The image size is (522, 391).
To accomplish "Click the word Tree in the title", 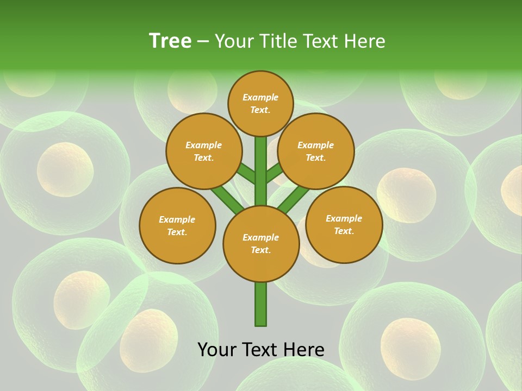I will click(x=170, y=41).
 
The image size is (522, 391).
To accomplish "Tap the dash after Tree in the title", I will click(x=203, y=42).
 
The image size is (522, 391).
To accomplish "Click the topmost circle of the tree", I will click(x=260, y=103).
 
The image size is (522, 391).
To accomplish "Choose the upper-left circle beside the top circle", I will click(x=203, y=152).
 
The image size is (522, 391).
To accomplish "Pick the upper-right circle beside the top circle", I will click(x=316, y=152).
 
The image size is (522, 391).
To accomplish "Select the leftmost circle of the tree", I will click(x=177, y=225).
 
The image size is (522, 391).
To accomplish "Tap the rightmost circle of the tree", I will click(x=344, y=225).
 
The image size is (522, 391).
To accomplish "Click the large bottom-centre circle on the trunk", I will click(x=261, y=244).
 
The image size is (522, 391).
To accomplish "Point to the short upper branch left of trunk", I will click(x=246, y=174).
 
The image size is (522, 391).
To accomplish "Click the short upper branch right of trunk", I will click(x=275, y=173).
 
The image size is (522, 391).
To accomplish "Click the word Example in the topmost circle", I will click(x=260, y=97).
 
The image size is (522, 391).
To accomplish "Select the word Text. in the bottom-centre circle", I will click(x=260, y=250).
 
